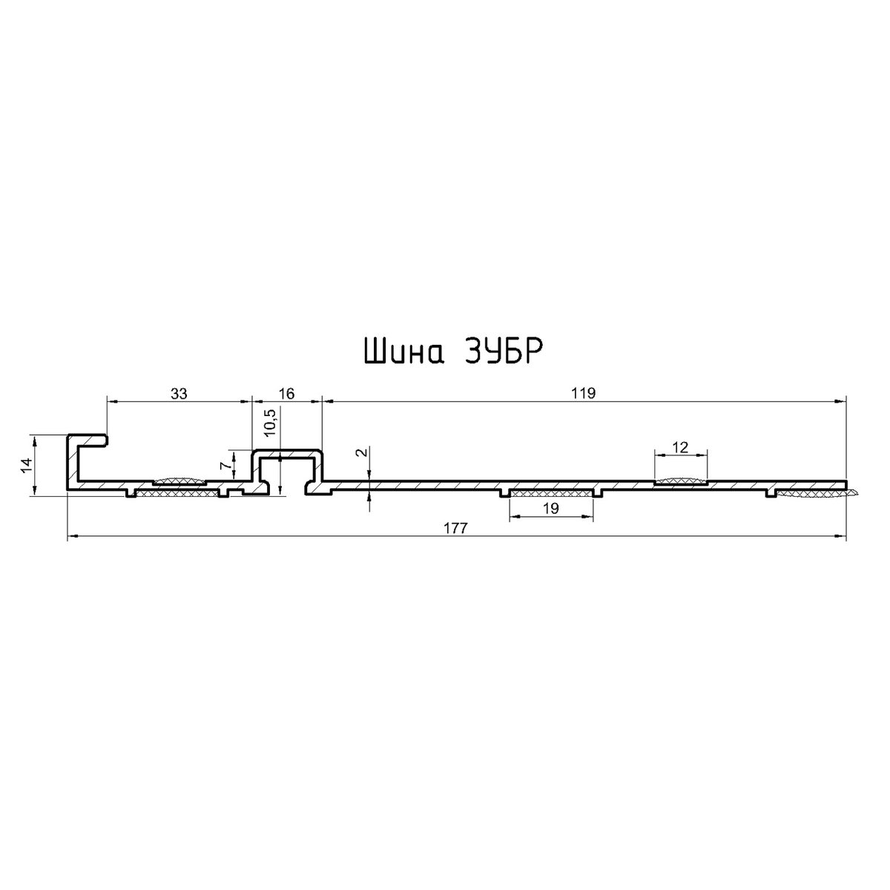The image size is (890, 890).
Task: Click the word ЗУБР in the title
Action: (x=502, y=352)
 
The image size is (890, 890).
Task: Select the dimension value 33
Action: (x=179, y=394)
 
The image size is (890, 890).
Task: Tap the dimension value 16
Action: (x=287, y=394)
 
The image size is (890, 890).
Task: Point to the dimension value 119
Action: (x=584, y=394)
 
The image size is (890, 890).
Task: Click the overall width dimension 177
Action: (x=456, y=528)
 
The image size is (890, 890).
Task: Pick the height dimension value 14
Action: (x=26, y=465)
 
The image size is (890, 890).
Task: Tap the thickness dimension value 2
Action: (x=363, y=452)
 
